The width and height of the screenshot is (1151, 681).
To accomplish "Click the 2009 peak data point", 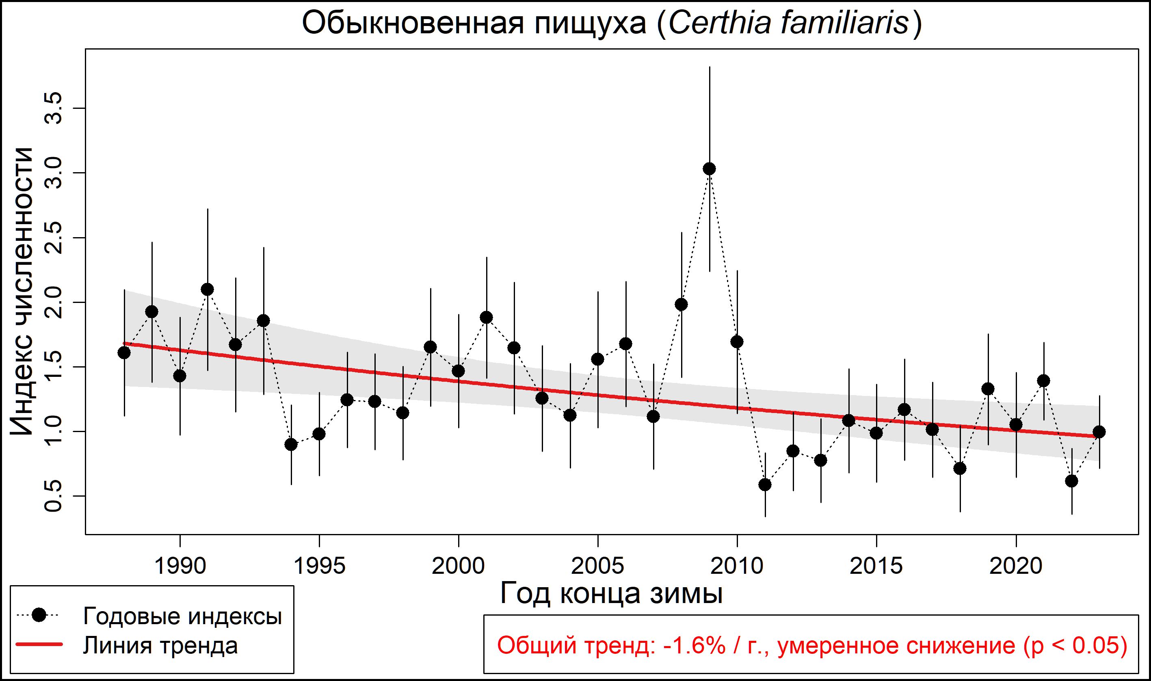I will click(x=709, y=169).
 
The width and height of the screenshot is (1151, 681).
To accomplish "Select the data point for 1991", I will click(x=208, y=290).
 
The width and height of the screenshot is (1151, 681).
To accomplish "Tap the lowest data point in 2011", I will click(x=765, y=485).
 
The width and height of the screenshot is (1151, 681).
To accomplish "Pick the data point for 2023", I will click(x=1099, y=432).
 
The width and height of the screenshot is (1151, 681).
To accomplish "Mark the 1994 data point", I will click(x=291, y=445).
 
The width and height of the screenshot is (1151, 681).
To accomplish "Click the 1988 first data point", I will click(x=124, y=353).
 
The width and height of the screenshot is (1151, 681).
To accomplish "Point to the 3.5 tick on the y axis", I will click(x=52, y=108).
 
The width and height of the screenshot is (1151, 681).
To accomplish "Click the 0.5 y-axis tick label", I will click(x=52, y=497).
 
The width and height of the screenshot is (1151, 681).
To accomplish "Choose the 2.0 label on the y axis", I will click(x=52, y=303).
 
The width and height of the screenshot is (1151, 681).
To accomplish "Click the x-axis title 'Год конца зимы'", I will click(x=611, y=593).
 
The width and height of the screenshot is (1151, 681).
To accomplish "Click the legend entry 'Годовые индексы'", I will click(x=182, y=616).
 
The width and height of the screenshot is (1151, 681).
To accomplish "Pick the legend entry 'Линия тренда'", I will click(x=160, y=645).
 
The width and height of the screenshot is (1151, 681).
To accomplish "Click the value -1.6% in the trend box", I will click(x=694, y=646).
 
